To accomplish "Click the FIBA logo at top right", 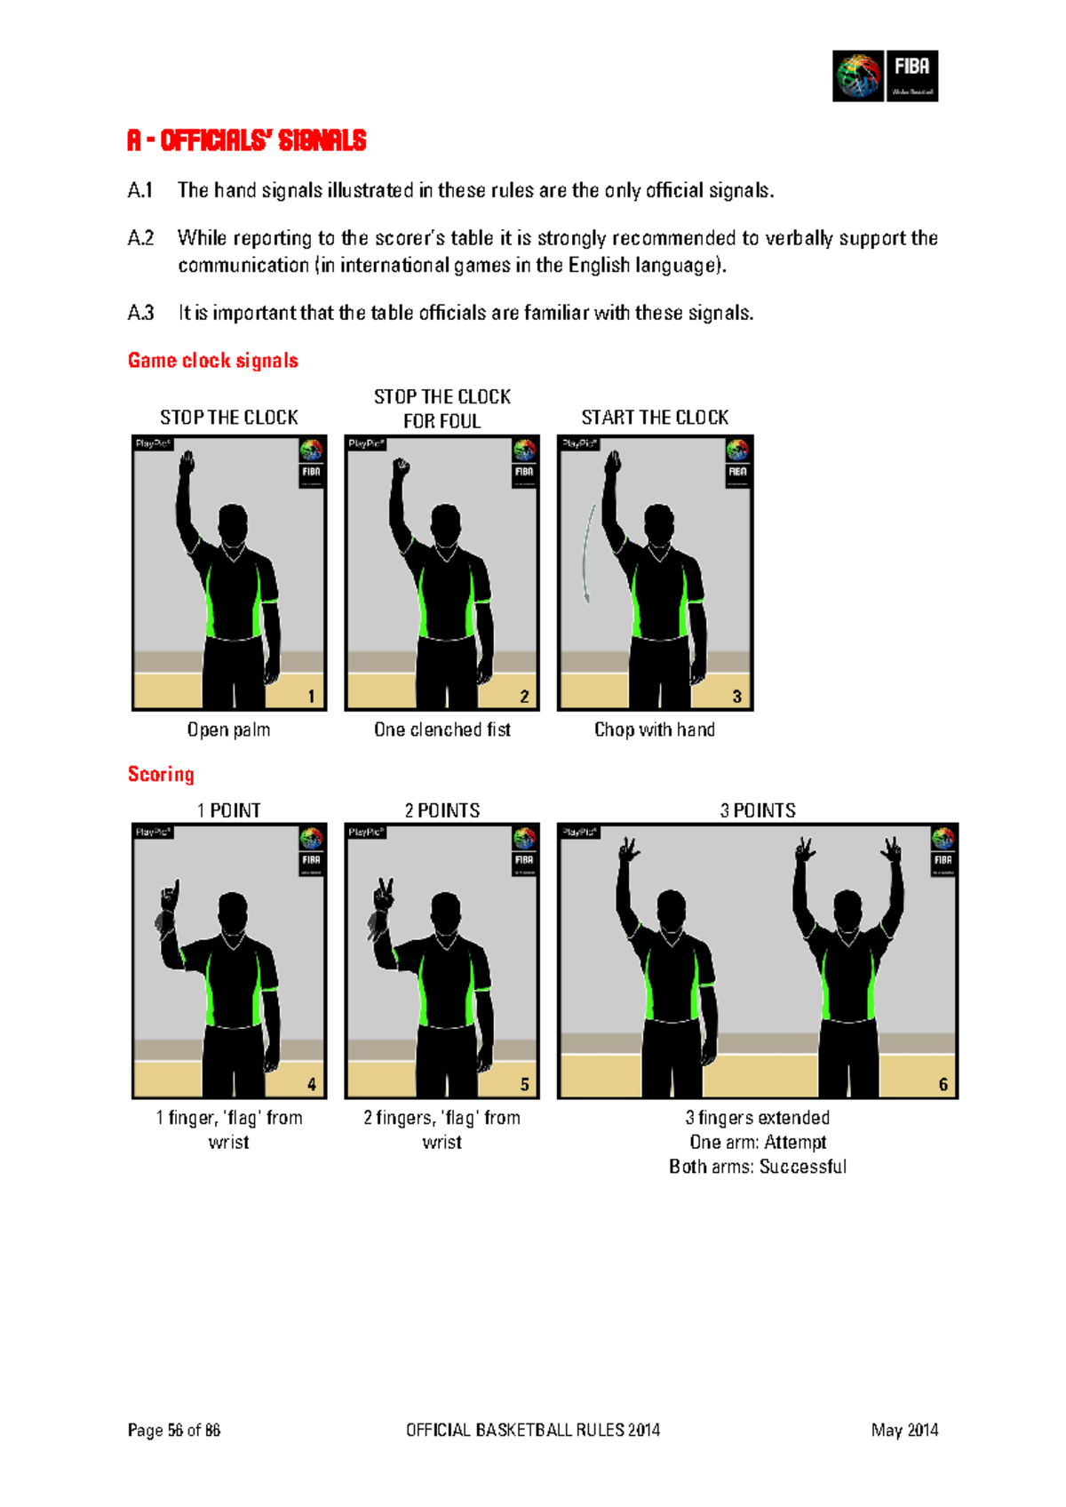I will tap(885, 76).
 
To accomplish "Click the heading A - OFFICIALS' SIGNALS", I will tap(246, 140).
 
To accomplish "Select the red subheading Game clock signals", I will tap(212, 360).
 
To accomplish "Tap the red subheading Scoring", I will tap(161, 774).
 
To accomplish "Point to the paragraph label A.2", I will tap(140, 238).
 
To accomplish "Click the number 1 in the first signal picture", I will tap(311, 696).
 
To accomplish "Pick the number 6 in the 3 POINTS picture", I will tap(943, 1084).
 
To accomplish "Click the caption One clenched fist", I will tap(442, 730).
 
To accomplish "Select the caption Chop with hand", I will tap(654, 730).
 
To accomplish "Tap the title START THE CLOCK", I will tap(654, 418).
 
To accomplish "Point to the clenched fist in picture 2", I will tap(402, 466).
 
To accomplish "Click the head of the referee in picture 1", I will tap(233, 524).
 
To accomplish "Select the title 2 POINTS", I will tap(442, 810).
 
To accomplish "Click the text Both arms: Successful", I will tap(757, 1167).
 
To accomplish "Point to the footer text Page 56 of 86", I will tap(173, 1430).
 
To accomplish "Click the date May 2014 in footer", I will tap(904, 1430).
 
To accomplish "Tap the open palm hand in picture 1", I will tap(187, 464).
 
